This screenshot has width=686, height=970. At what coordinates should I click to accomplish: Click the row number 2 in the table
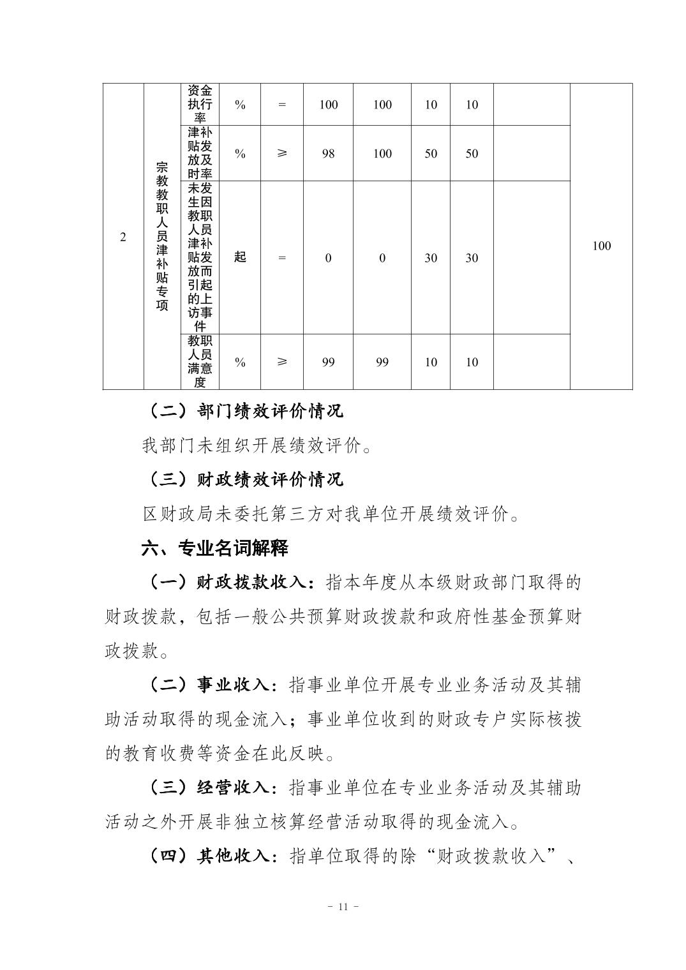tap(123, 237)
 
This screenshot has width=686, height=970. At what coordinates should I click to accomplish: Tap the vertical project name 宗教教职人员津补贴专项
tap(162, 236)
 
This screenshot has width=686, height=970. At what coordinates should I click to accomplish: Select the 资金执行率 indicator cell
tap(200, 105)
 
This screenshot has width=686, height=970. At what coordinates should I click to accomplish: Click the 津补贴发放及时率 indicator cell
tap(200, 153)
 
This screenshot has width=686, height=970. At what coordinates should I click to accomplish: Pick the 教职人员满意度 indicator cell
tap(200, 362)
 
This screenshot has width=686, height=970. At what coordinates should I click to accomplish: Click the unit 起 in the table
tap(240, 257)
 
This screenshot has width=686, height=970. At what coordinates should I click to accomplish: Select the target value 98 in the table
tap(328, 154)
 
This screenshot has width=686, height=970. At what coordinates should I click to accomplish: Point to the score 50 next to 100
tap(431, 154)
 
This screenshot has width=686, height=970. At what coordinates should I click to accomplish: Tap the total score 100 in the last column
tap(601, 246)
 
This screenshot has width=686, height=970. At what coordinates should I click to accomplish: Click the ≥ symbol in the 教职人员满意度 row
tap(282, 362)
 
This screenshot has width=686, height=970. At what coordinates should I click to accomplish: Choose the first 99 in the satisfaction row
tap(328, 362)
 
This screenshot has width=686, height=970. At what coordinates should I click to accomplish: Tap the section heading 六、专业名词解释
tap(215, 548)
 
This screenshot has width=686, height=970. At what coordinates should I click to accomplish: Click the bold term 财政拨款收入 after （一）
tap(253, 583)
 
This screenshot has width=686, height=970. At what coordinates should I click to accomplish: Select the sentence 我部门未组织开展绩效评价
tap(257, 445)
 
